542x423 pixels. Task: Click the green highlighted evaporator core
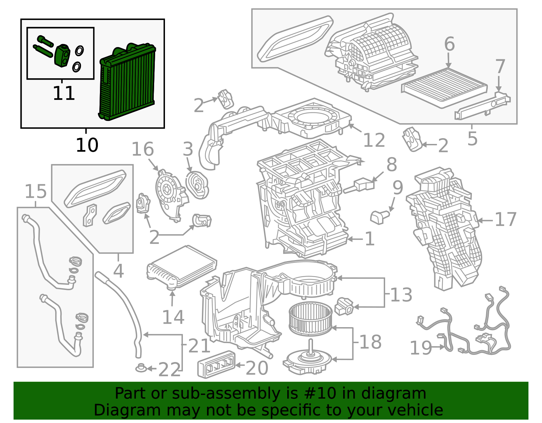tap(127, 83)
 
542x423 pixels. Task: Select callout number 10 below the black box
tap(87, 145)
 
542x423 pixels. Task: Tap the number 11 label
tap(64, 93)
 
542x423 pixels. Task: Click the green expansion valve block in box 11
tap(62, 56)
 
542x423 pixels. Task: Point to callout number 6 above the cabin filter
tap(449, 44)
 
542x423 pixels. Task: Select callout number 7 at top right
tap(500, 67)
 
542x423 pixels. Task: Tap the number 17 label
tap(505, 219)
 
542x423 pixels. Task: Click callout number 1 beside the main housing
tap(370, 239)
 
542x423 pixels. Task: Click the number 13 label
tap(401, 295)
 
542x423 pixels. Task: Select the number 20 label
tap(257, 368)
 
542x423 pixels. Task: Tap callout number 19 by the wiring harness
tap(421, 348)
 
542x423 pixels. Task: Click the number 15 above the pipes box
tap(36, 192)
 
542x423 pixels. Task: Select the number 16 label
tap(143, 149)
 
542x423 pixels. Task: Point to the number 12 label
tap(374, 140)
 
